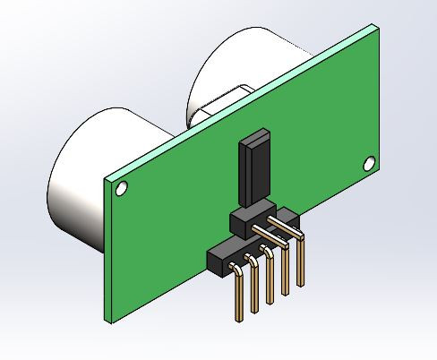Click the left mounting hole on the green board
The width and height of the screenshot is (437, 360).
(121, 188)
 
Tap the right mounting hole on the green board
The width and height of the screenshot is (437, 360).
(367, 162)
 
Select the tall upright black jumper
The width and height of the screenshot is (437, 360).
(253, 170)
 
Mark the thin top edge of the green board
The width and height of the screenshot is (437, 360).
(242, 100)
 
